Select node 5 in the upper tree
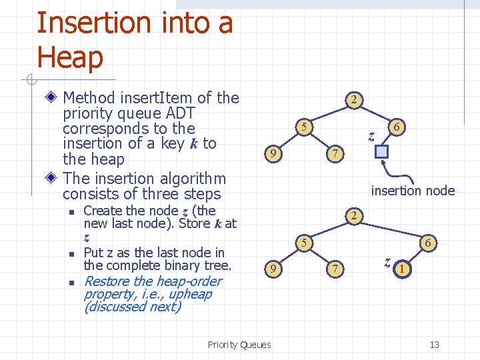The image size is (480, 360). (x=303, y=126)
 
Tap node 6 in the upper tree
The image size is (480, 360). (x=397, y=126)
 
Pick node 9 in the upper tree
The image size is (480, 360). (x=270, y=155)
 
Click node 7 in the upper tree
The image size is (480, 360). (x=337, y=155)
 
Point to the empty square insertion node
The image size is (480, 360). (x=381, y=151)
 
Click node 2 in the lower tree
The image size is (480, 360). (x=355, y=216)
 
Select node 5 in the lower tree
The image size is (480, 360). (x=303, y=243)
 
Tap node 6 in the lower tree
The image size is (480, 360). (x=429, y=243)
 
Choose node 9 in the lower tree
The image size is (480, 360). (x=270, y=269)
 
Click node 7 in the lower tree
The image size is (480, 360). (x=337, y=269)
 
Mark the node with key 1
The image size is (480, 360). (x=401, y=269)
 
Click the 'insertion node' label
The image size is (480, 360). (x=413, y=191)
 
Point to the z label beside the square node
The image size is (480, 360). (x=371, y=137)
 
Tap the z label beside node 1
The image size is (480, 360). (x=387, y=261)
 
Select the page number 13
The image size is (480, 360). (x=435, y=345)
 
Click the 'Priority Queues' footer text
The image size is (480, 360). (x=239, y=345)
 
